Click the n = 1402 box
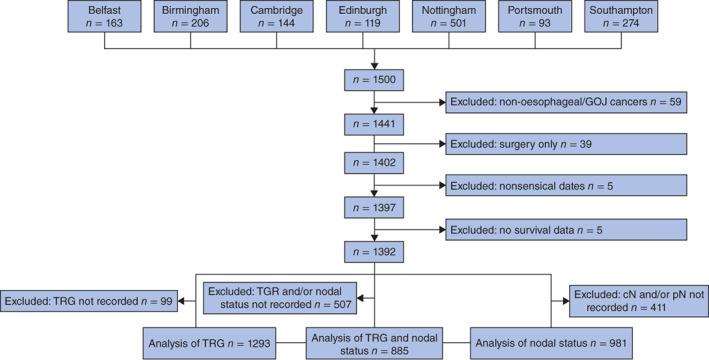(x=373, y=163)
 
